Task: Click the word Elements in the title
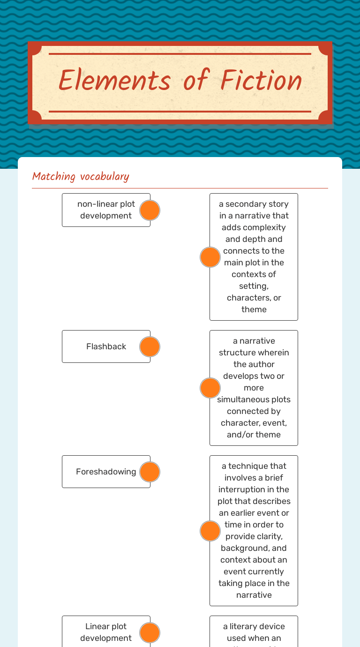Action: [x=114, y=81]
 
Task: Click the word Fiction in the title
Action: [x=261, y=81]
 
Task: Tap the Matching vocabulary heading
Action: [x=81, y=176]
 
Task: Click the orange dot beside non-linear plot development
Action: [x=150, y=210]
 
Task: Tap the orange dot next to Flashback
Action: [x=150, y=346]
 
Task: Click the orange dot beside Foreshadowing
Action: [x=150, y=472]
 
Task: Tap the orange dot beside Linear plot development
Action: [x=150, y=632]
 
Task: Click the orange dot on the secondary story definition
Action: [x=210, y=257]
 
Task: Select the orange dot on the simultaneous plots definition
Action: [x=210, y=388]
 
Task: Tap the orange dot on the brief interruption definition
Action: [x=210, y=531]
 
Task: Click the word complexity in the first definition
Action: [x=254, y=227]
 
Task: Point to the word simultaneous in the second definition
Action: [x=254, y=399]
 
